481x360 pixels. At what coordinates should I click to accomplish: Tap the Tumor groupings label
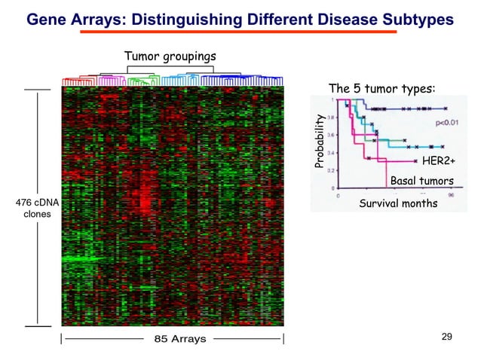point(170,57)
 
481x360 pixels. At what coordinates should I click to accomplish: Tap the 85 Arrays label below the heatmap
point(179,339)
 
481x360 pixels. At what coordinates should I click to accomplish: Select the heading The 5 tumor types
point(381,89)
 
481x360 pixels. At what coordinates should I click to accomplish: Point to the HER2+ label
point(438,161)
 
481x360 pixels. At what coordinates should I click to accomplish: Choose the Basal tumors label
point(421,181)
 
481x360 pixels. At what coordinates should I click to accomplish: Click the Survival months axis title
point(397,203)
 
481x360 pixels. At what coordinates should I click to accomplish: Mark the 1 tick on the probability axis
point(333,99)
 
